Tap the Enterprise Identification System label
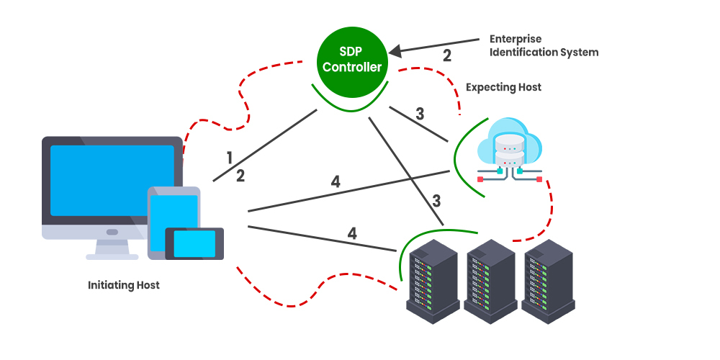(544, 45)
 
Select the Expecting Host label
(503, 87)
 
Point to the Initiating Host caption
(124, 285)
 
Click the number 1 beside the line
(230, 158)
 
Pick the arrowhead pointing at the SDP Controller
(395, 51)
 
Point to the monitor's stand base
(112, 256)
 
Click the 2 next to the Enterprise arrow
(446, 55)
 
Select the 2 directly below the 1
(240, 174)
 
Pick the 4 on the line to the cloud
(336, 181)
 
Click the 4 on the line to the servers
(352, 233)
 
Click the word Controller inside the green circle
(352, 67)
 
